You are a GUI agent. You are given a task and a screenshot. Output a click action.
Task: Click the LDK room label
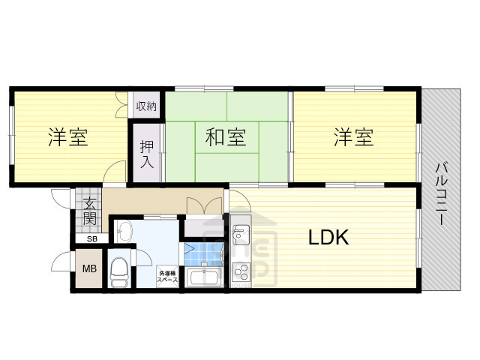(x=328, y=238)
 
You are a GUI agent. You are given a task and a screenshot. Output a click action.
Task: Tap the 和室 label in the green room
(x=225, y=137)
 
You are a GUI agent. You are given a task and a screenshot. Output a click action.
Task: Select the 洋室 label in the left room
(x=68, y=137)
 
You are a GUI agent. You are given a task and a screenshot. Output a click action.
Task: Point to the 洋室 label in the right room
(x=353, y=137)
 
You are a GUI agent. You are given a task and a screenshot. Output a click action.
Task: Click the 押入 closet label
(x=147, y=155)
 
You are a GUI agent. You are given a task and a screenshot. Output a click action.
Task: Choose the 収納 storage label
(x=146, y=106)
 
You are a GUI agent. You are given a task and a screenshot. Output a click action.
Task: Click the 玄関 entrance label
(x=89, y=211)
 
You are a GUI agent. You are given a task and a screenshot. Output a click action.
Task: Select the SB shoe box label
(x=91, y=239)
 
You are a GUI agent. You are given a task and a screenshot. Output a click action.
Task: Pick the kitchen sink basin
(x=240, y=235)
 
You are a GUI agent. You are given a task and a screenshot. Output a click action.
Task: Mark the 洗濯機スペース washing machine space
(x=167, y=276)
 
